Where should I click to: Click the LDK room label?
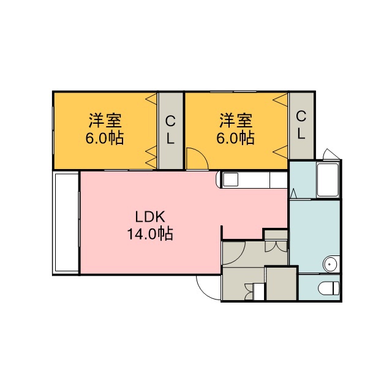(150, 217)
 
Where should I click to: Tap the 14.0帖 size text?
(150, 234)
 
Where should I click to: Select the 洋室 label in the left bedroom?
(105, 121)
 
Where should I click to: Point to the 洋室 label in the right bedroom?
(236, 121)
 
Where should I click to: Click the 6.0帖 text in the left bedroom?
(105, 138)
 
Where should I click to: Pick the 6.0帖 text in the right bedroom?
(235, 138)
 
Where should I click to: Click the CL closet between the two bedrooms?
(170, 130)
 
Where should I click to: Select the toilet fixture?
(329, 288)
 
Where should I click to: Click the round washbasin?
(330, 264)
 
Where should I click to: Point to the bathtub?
(328, 179)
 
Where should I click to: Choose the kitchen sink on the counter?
(230, 179)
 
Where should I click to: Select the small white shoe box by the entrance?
(258, 292)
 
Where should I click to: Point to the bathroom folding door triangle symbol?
(294, 194)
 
